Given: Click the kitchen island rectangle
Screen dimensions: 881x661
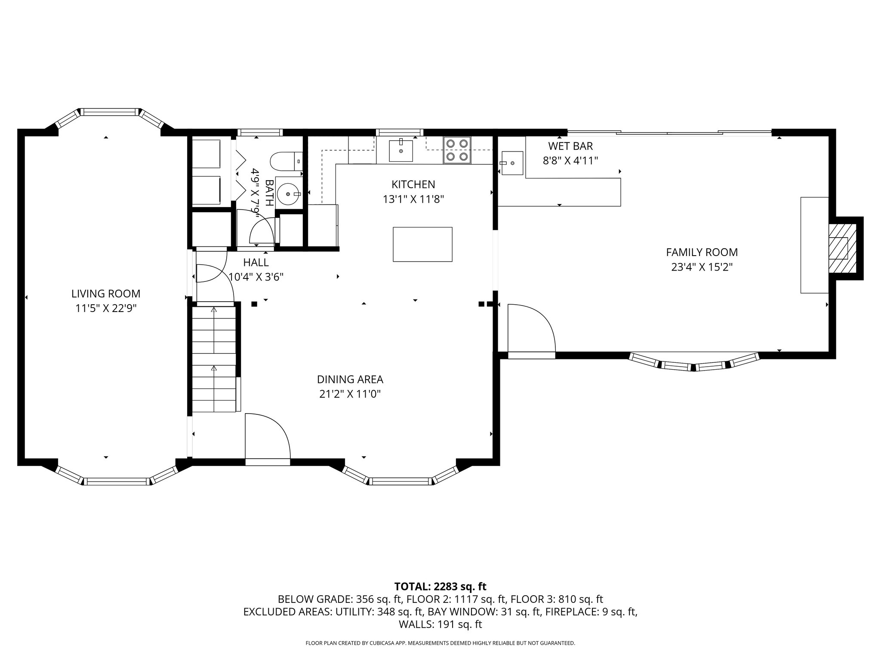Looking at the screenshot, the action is [x=422, y=244].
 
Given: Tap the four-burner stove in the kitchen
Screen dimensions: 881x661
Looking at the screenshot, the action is [x=457, y=150].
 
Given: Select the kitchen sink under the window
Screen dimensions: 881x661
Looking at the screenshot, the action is [x=401, y=151].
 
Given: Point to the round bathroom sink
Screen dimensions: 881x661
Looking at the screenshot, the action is [x=289, y=194].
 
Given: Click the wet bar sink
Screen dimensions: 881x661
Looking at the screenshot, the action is [x=511, y=164].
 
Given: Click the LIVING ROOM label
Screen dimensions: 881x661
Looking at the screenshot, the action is [x=106, y=294].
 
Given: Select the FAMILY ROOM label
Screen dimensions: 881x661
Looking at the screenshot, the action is [x=702, y=252].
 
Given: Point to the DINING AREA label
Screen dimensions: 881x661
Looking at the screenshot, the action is [x=350, y=380].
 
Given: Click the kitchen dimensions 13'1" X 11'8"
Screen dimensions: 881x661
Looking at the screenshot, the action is [x=413, y=199].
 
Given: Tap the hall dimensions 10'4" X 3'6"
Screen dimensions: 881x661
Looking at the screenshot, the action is [x=256, y=277].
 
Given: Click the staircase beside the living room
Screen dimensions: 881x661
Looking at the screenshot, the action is [x=214, y=358].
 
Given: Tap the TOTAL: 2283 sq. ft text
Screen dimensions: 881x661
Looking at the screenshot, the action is [x=440, y=587].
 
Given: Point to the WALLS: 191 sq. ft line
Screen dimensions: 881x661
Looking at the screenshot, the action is [x=440, y=624].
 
